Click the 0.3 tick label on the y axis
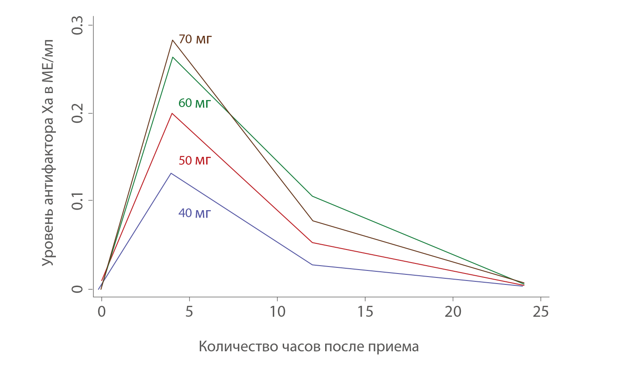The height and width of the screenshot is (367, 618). point(77,25)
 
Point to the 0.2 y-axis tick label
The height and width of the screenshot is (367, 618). point(77,113)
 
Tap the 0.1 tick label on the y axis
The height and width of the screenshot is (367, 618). point(77,201)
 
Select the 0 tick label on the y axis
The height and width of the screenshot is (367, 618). point(77,289)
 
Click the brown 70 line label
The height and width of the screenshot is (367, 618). point(195,40)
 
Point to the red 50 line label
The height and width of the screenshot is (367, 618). point(195,161)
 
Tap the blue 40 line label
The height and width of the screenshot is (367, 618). point(195,213)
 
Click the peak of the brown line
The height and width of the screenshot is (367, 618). point(172,40)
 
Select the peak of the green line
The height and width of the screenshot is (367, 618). point(172,57)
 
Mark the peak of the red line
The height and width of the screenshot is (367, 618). point(172,113)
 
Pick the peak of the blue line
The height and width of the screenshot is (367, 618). point(172,173)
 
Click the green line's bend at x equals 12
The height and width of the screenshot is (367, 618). point(312,196)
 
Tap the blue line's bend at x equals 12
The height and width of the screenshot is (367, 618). point(312,265)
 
